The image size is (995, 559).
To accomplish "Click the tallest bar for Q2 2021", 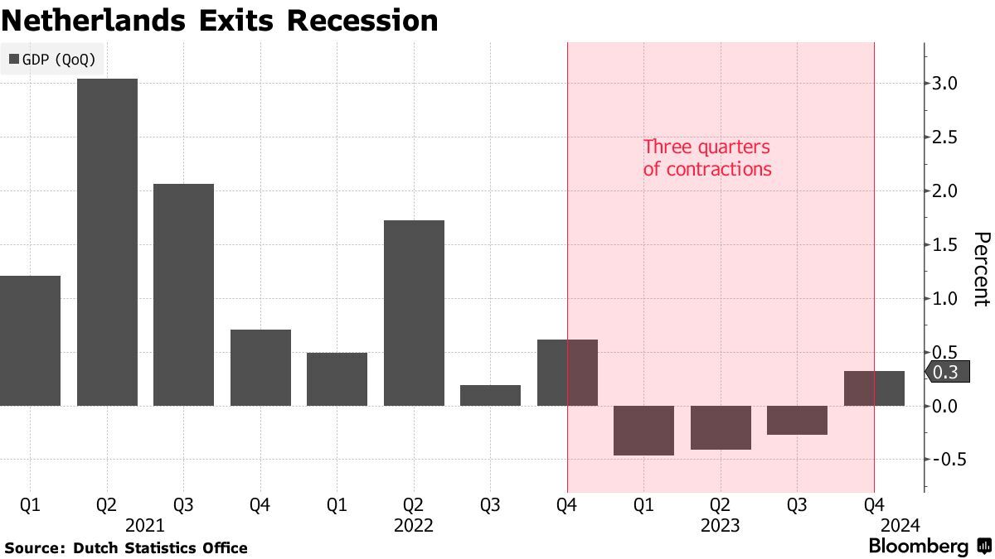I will coord(107,242).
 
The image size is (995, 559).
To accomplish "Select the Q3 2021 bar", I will coord(183,294).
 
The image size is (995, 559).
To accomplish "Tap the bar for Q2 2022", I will coord(414,312).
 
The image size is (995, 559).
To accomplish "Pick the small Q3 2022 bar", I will coord(490,395).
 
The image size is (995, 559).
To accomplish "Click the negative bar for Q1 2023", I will coord(643,430).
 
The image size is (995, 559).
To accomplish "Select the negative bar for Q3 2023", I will coord(797,420).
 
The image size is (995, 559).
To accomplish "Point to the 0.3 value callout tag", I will coord(946,373).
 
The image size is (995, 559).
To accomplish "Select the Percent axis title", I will coord(981,269).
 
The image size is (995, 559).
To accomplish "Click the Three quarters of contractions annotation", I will coord(707,158).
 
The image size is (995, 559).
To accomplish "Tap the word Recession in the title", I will coord(362,20).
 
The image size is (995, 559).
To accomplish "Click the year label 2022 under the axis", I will coord(414,525).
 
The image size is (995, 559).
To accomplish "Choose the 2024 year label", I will coord(900,525).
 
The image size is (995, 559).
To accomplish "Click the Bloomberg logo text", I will coord(919,547).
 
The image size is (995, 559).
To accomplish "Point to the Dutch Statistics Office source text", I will coord(160,547).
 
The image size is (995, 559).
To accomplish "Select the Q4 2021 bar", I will coord(260,367).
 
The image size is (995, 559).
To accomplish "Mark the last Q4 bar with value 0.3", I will coord(874,388).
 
